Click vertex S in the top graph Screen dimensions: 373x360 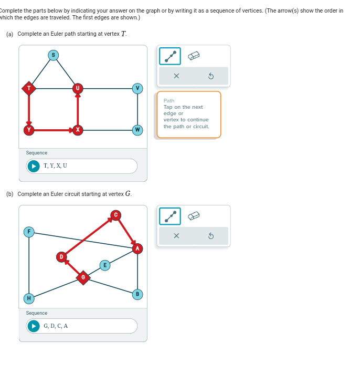(x=53, y=55)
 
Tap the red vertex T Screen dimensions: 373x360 (x=29, y=88)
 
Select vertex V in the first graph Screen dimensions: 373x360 (x=137, y=88)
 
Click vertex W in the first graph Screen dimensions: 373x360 (x=137, y=130)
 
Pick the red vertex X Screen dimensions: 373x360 (x=78, y=130)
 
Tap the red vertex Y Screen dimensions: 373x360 (x=29, y=130)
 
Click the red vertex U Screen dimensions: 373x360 (x=78, y=88)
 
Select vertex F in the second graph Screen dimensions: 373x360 (x=29, y=232)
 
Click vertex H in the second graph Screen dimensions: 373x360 (x=29, y=298)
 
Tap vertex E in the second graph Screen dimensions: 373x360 (x=105, y=265)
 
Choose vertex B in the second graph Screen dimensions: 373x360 (x=137, y=294)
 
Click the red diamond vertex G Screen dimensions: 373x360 (x=83, y=277)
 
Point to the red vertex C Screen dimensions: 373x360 (x=115, y=214)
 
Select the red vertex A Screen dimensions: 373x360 (x=137, y=248)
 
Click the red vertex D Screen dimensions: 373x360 (x=61, y=257)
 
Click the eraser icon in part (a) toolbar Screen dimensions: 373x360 (x=194, y=56)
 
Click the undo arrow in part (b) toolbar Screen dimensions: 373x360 (x=211, y=236)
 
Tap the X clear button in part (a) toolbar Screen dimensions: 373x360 (x=176, y=76)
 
